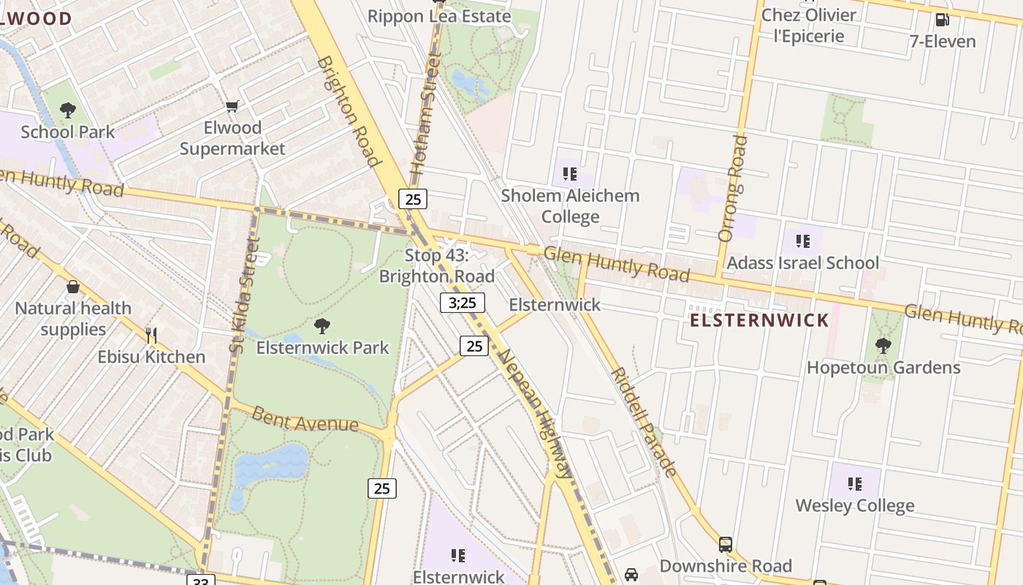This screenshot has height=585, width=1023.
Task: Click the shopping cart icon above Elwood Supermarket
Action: pos(232,107)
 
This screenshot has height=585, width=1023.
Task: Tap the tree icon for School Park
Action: pos(68,110)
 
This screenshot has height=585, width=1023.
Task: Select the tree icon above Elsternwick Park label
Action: pos(322,325)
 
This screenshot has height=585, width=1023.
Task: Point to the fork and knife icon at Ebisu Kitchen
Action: pos(151,336)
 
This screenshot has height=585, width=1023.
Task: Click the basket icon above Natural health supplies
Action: pos(73,287)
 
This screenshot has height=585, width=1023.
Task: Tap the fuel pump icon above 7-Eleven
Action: pos(943,20)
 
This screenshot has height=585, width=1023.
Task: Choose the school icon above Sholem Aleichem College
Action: pos(570,174)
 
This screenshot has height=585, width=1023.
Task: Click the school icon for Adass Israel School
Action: pos(802,241)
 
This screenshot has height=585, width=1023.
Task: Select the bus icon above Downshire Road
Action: pos(725,545)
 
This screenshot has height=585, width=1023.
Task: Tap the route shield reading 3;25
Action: pos(463,303)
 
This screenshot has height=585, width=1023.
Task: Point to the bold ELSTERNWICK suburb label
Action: pos(759,320)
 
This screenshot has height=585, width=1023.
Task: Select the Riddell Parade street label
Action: pos(644,421)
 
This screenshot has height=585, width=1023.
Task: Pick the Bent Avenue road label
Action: pos(305,420)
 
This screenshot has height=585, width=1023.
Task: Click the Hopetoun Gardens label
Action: pos(883,367)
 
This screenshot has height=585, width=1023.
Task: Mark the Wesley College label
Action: pos(854,505)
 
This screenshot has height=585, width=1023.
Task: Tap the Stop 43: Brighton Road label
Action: pos(436,266)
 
